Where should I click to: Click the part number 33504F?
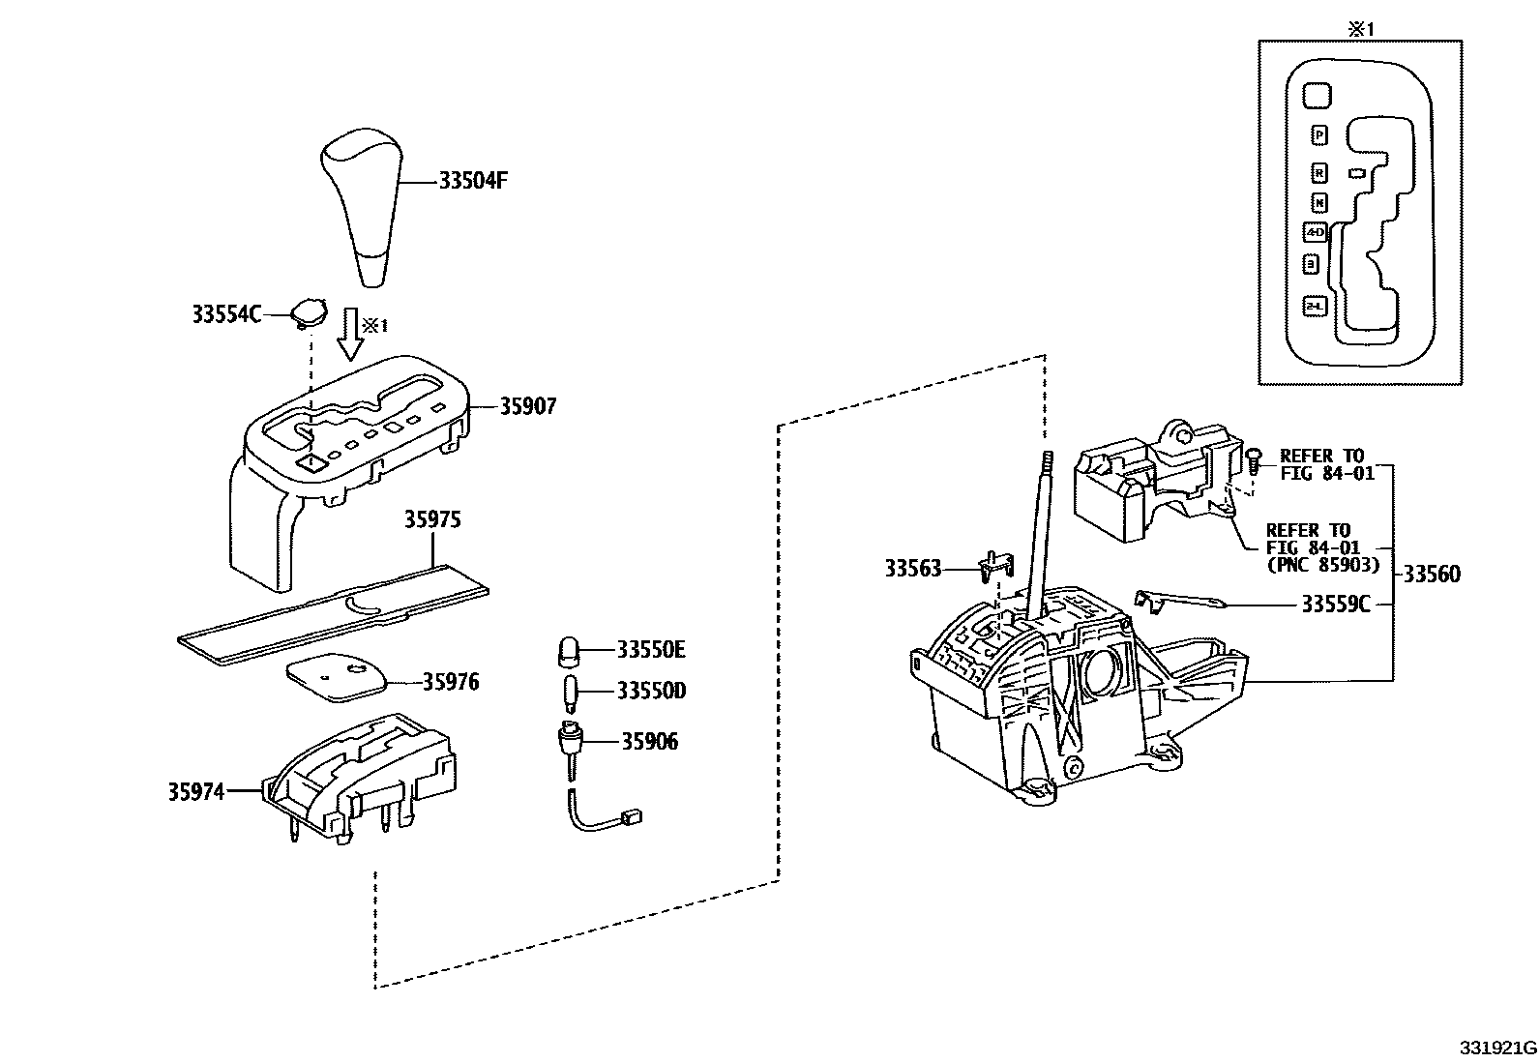473,181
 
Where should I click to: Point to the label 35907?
527,406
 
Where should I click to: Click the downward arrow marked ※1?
348,336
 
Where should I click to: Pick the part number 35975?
432,519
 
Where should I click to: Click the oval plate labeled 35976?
335,681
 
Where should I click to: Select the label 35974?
196,792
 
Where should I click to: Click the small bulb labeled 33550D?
570,693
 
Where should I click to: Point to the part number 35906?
649,742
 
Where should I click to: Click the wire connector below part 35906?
635,818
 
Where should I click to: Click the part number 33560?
1432,575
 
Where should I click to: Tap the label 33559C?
1335,605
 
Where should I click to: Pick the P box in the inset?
1319,135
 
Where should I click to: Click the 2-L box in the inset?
1315,306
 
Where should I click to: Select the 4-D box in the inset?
1316,233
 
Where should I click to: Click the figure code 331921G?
1498,1048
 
